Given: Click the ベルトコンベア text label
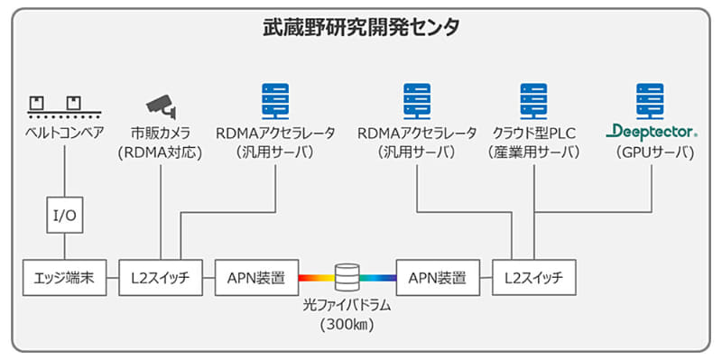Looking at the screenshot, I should (x=64, y=133).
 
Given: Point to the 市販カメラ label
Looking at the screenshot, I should (x=161, y=133).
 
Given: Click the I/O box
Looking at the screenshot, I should (x=64, y=216).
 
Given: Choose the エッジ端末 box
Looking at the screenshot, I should (x=64, y=277).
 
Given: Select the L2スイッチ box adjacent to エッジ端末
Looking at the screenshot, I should (x=161, y=277).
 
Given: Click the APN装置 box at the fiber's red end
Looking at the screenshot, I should (x=256, y=277).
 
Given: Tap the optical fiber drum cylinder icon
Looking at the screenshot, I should (x=347, y=276).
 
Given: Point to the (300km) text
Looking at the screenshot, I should (x=347, y=325).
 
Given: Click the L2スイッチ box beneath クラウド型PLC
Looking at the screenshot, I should (x=533, y=277).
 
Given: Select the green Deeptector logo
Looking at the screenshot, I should (x=651, y=133).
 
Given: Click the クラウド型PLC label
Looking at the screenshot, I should (x=533, y=133).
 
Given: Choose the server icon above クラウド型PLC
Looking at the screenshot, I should (x=533, y=99).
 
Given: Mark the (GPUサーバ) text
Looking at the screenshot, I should (x=651, y=152).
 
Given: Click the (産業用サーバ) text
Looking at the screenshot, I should (x=533, y=152).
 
